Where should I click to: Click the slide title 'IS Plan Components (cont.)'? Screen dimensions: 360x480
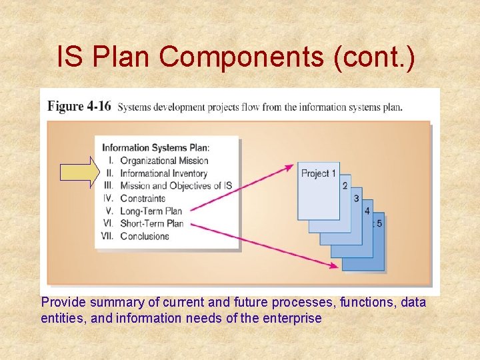(236, 57)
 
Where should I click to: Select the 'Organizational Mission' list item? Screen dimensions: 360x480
(164, 161)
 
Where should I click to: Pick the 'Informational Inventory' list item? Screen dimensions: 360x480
(163, 173)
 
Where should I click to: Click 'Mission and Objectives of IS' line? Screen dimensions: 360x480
(175, 186)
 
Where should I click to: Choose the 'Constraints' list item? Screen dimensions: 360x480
(143, 198)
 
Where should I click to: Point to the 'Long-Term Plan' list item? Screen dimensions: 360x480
(151, 211)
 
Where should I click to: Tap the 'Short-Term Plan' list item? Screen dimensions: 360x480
(151, 223)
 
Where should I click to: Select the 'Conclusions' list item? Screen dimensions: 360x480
(145, 236)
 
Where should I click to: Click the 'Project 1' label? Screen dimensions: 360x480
(318, 173)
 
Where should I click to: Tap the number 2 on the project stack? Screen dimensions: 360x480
(345, 185)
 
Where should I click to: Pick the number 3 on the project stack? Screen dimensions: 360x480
(356, 198)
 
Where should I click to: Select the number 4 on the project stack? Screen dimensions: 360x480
(367, 211)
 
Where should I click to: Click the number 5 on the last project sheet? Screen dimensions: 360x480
(379, 223)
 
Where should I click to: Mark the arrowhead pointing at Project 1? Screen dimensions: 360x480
(290, 167)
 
